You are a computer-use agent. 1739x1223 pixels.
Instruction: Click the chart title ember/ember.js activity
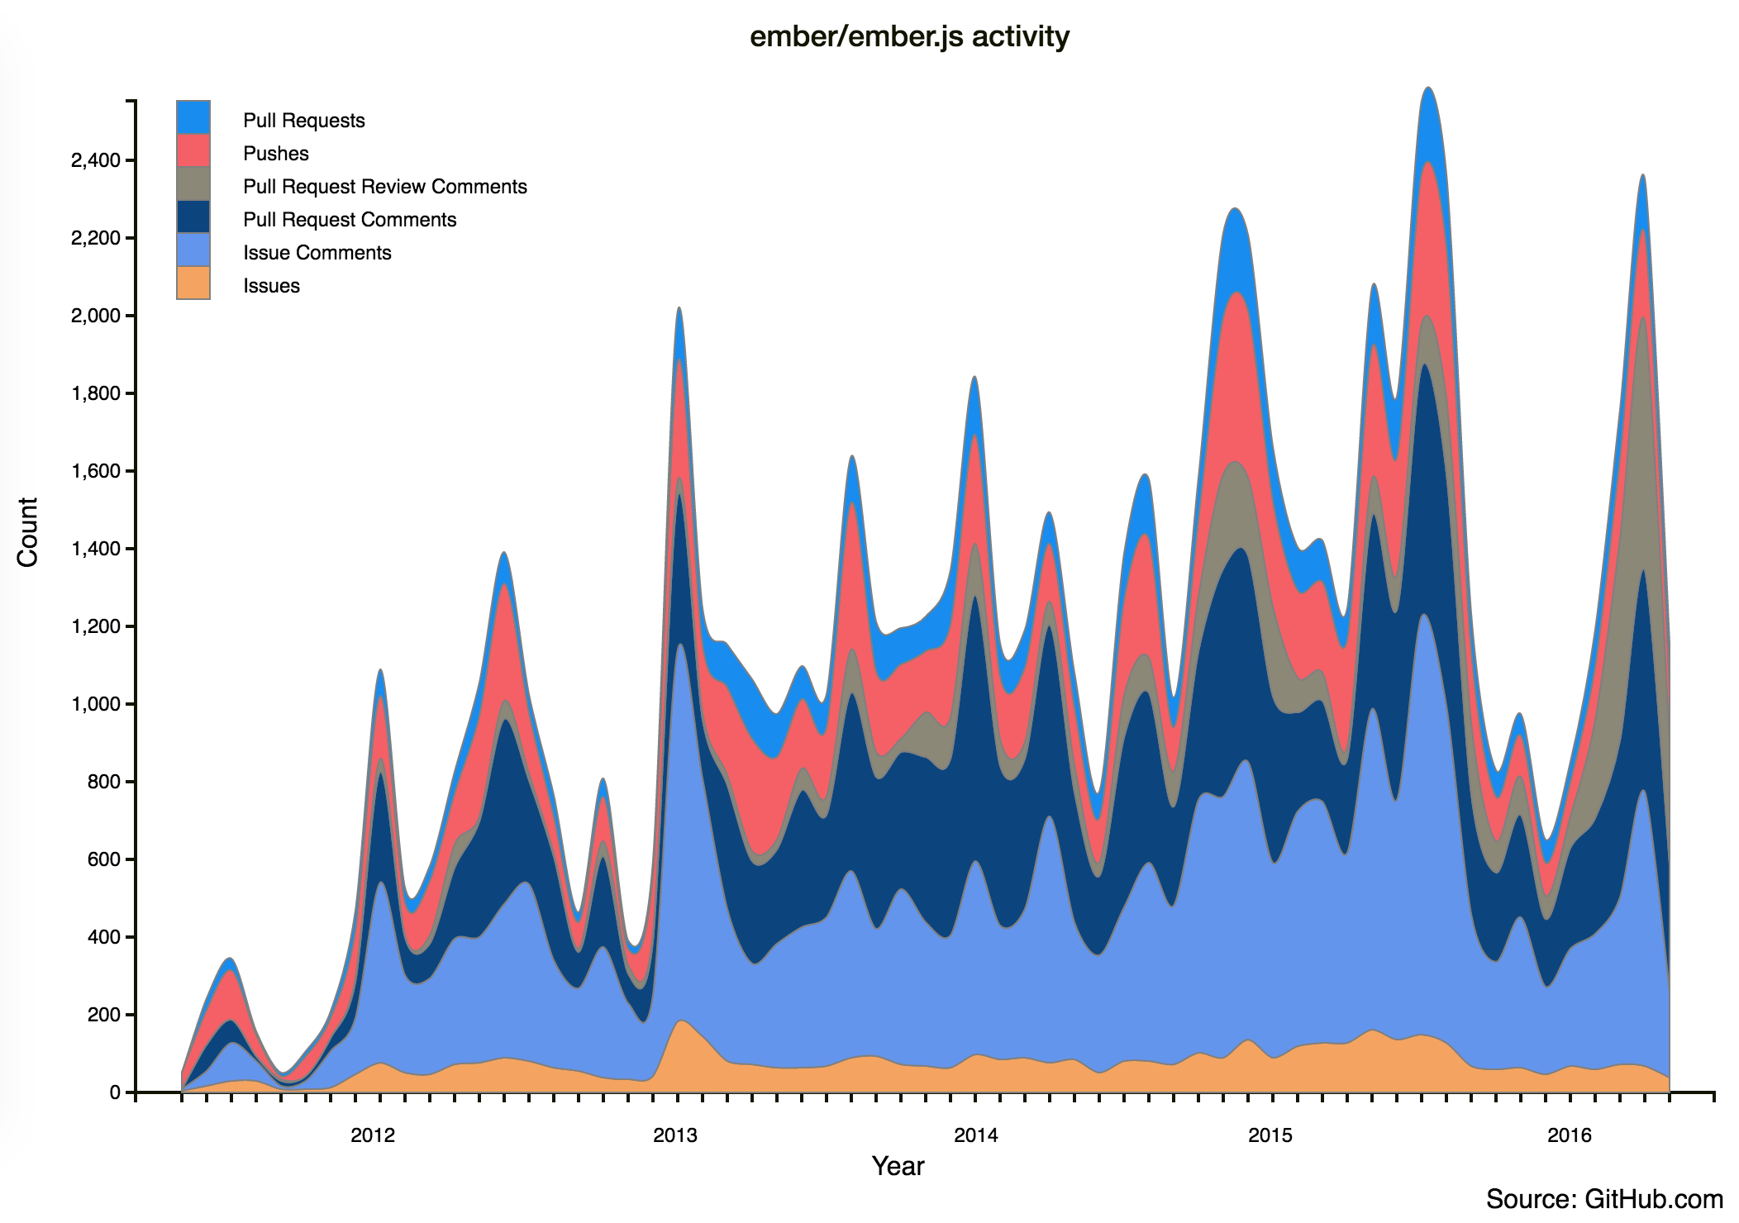[x=909, y=37]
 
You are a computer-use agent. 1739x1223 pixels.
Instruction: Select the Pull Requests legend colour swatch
[x=193, y=117]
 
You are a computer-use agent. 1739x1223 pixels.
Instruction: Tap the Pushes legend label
[x=275, y=154]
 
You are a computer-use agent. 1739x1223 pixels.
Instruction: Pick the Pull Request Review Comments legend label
[x=384, y=187]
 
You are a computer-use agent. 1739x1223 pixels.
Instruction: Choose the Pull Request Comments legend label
[x=350, y=220]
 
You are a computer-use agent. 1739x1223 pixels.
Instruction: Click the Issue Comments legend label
[x=317, y=253]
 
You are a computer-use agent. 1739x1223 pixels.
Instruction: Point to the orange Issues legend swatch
[x=193, y=283]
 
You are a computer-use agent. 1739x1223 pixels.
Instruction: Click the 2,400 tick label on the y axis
[x=95, y=160]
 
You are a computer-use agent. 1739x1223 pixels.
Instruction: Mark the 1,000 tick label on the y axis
[x=95, y=704]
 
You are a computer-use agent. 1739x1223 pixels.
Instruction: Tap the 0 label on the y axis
[x=115, y=1092]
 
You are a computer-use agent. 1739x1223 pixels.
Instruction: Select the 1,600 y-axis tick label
[x=95, y=471]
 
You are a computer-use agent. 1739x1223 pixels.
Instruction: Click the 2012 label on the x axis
[x=373, y=1135]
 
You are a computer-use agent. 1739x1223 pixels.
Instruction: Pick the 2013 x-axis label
[x=675, y=1135]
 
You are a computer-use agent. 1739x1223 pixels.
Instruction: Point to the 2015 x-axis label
[x=1270, y=1135]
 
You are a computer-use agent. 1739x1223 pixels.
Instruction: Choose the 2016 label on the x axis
[x=1570, y=1135]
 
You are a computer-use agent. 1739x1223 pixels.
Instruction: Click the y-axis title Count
[x=28, y=531]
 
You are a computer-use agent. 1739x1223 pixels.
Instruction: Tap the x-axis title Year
[x=898, y=1166]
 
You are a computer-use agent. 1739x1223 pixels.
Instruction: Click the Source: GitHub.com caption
[x=1604, y=1199]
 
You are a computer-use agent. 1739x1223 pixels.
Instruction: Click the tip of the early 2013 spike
[x=679, y=308]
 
